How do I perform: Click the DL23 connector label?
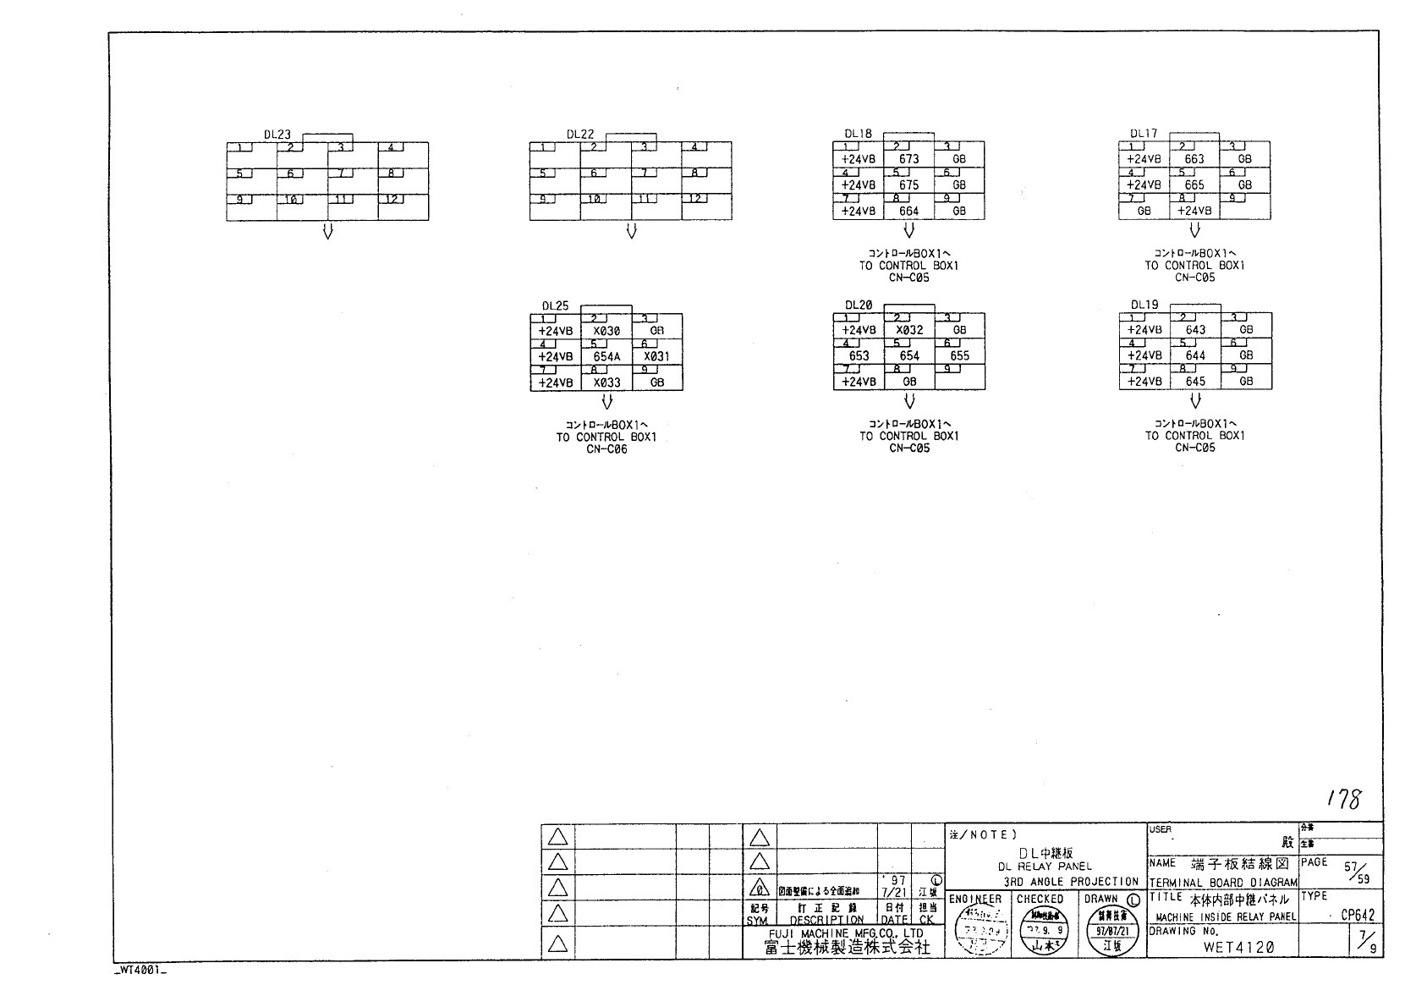[x=277, y=135]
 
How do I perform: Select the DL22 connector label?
[x=580, y=135]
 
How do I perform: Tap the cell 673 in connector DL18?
[x=908, y=159]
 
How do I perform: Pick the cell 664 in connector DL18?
[x=908, y=212]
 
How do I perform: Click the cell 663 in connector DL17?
[x=1194, y=159]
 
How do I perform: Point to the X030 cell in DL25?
[x=606, y=332]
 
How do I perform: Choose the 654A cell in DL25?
[x=606, y=357]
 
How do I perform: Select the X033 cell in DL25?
[x=606, y=382]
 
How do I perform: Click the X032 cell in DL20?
[x=909, y=330]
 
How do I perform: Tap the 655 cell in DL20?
[x=959, y=356]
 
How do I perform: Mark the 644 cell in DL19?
[x=1195, y=356]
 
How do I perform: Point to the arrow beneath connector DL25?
[x=606, y=402]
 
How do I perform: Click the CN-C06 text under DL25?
[x=606, y=449]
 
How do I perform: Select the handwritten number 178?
[x=1343, y=798]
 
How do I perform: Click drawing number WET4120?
[x=1238, y=948]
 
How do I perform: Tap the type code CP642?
[x=1358, y=915]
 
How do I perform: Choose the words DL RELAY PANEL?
[x=1045, y=867]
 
